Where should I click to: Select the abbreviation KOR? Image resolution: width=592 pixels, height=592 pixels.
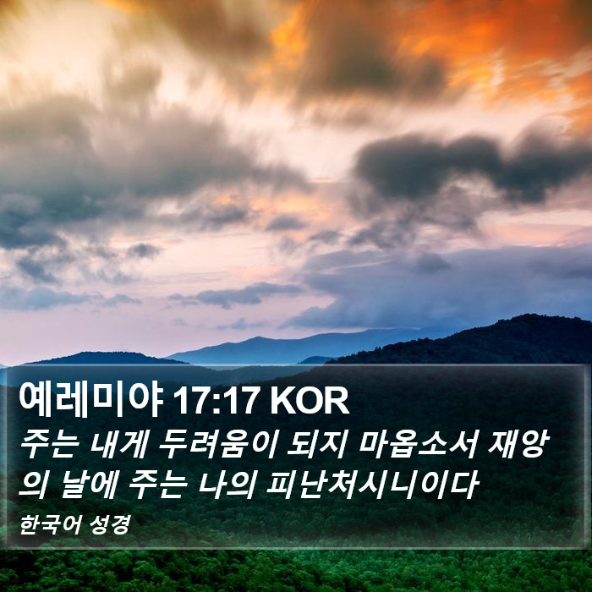point(310,402)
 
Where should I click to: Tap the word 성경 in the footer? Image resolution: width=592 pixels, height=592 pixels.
point(110,525)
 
